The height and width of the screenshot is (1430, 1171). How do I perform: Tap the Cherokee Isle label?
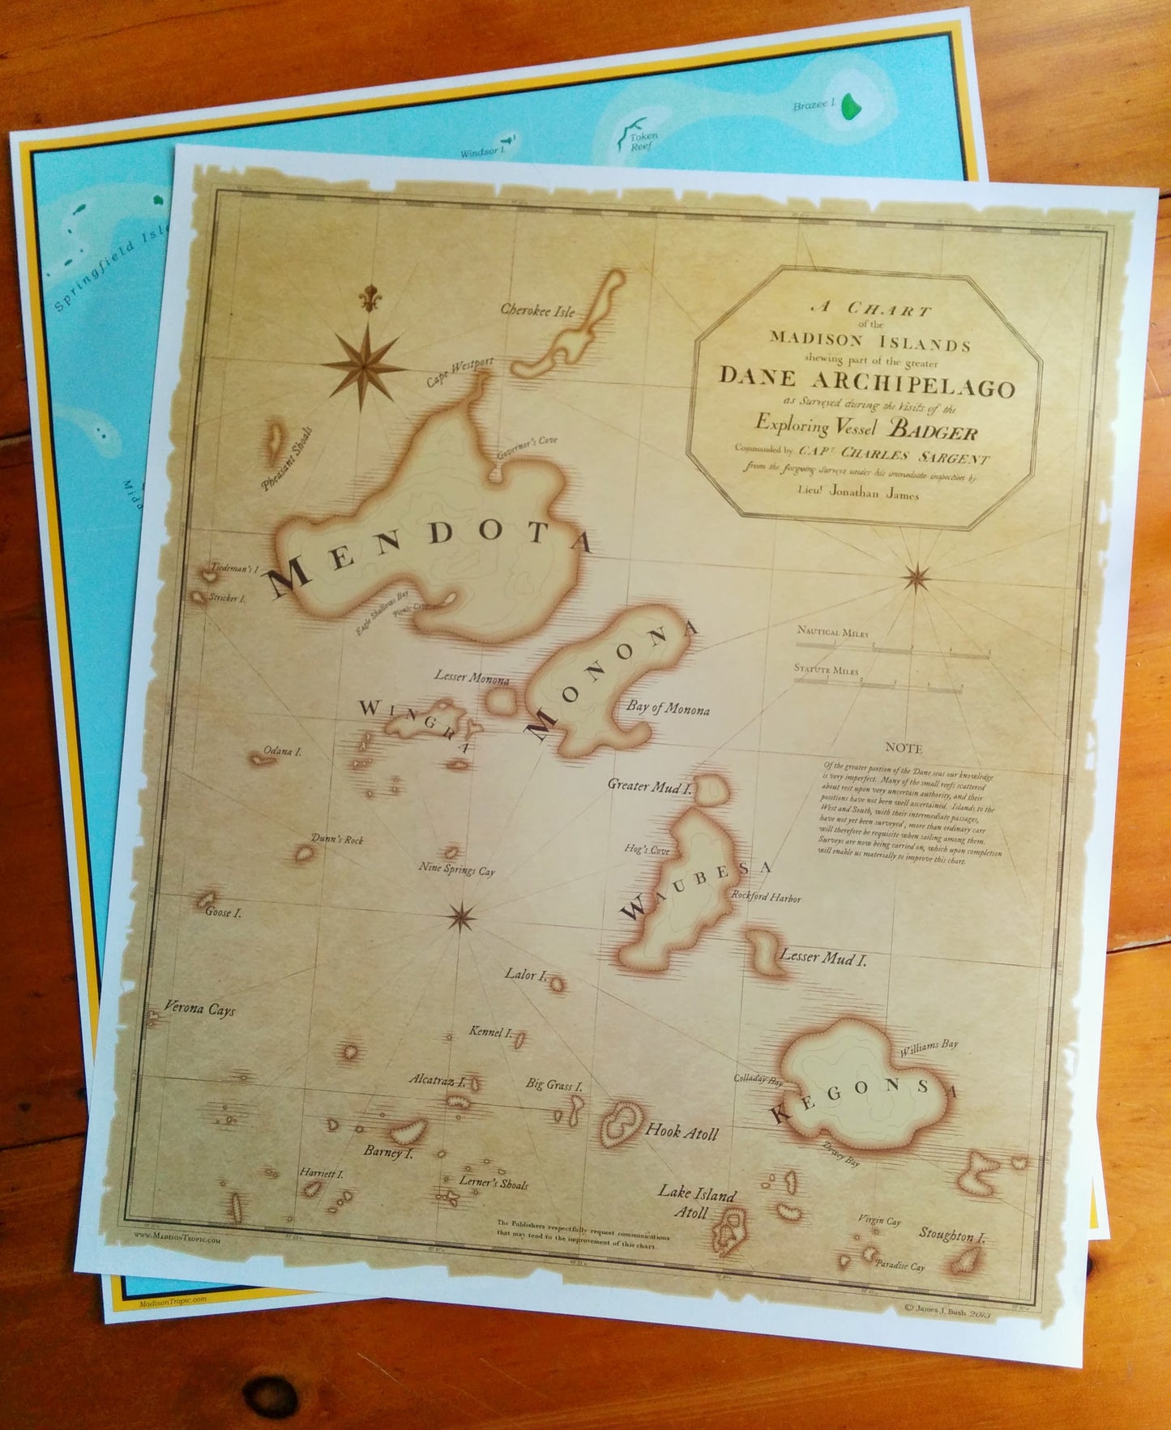coord(536,310)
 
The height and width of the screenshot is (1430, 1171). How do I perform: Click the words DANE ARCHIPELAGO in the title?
coord(866,382)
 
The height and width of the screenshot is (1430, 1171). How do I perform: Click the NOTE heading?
coord(904,748)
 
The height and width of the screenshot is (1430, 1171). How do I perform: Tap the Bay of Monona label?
coord(668,710)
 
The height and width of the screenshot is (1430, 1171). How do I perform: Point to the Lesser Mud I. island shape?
coord(762,950)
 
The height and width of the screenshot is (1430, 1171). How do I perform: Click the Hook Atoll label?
coord(682,1133)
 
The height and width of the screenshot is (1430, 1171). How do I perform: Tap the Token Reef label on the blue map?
coord(643,143)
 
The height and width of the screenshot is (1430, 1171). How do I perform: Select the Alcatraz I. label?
coord(437,1080)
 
